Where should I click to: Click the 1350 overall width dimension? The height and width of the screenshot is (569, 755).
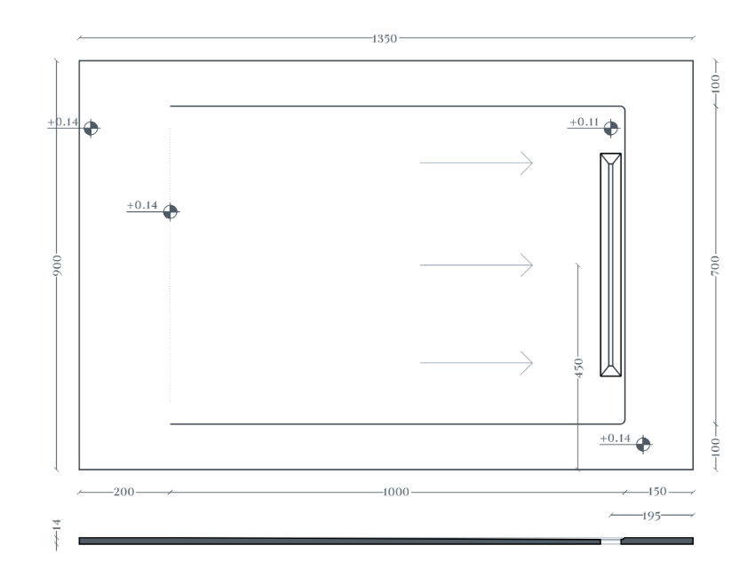click(385, 38)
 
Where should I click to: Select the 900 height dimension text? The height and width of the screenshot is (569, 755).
click(57, 265)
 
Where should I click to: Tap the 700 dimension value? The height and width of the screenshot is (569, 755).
click(715, 265)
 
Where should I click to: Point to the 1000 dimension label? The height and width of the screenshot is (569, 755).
click(396, 492)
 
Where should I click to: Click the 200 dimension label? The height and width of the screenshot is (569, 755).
click(123, 492)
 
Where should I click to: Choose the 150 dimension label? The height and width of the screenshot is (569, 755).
click(656, 492)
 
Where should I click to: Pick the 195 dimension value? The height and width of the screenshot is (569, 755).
click(651, 516)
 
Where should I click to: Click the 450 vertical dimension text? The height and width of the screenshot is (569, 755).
click(579, 367)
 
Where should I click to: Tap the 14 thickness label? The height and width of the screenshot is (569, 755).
click(57, 525)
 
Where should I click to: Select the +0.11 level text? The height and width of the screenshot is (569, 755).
click(584, 122)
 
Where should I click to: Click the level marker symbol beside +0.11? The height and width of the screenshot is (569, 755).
click(610, 129)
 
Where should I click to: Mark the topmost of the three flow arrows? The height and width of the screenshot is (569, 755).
click(476, 163)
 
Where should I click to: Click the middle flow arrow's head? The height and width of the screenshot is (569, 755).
click(528, 265)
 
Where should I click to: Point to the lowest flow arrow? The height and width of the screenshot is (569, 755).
click(476, 362)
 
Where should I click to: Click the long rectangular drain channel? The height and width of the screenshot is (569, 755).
click(610, 265)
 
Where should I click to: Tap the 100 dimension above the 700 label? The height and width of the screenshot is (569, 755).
click(716, 83)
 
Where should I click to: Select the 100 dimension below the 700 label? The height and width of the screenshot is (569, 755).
click(716, 447)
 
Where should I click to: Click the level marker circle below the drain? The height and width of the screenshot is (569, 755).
click(643, 445)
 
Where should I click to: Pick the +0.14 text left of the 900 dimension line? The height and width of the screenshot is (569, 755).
click(62, 122)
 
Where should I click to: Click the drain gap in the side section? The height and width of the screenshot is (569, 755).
click(610, 541)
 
